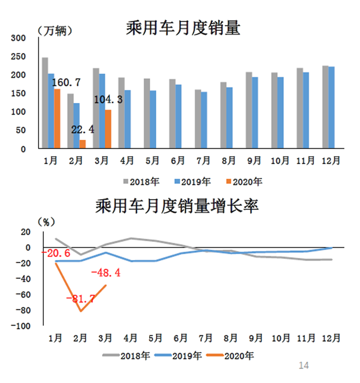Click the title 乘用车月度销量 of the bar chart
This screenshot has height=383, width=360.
(183, 28)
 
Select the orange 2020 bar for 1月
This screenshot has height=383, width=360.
(57, 119)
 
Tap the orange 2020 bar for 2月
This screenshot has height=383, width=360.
(82, 144)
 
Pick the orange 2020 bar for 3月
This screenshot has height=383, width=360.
(108, 129)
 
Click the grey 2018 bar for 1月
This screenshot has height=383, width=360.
(45, 103)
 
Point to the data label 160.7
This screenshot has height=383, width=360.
(67, 82)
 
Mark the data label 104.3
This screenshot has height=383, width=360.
(108, 99)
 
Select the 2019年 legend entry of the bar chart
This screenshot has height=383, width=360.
(192, 182)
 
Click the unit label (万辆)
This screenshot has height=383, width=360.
(56, 30)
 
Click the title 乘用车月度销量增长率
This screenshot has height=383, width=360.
(176, 207)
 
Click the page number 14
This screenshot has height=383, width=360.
(304, 365)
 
